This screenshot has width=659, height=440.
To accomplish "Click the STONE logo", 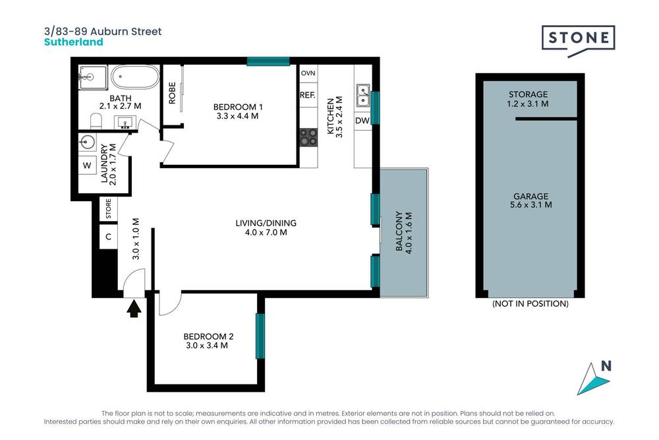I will pos(578,38).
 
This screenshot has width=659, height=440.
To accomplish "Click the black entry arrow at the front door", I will pos(134,308).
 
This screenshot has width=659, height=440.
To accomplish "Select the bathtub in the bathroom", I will pos(135,78).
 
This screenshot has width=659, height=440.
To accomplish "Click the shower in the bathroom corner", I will pos(93,78).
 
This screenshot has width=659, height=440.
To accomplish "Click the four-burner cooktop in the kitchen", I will pos(308,137).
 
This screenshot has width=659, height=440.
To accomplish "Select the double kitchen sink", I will pos(362,96).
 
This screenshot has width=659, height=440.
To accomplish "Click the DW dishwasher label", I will pos(362,121).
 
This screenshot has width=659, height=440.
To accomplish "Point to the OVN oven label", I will pos(308,73).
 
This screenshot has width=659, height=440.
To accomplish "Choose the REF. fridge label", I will pos(308,96).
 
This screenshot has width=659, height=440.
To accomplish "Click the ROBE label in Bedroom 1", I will pos(172,93).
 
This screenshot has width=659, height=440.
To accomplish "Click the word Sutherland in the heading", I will pos(73,42).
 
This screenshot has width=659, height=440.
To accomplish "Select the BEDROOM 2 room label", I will pos(208,336).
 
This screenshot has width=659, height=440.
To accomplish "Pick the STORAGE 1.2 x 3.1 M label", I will pos(529,99).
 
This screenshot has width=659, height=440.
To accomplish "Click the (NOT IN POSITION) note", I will pos(530,304).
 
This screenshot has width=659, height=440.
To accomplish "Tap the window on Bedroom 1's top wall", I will pos(268,61).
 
